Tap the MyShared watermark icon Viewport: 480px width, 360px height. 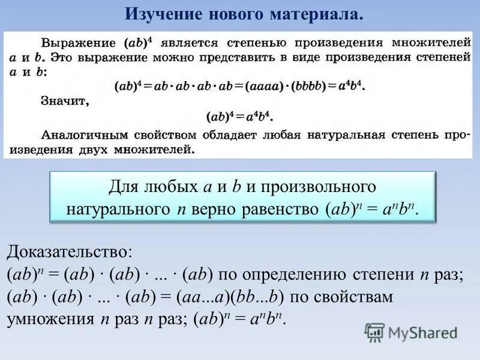pyautogui.click(x=374, y=332)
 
